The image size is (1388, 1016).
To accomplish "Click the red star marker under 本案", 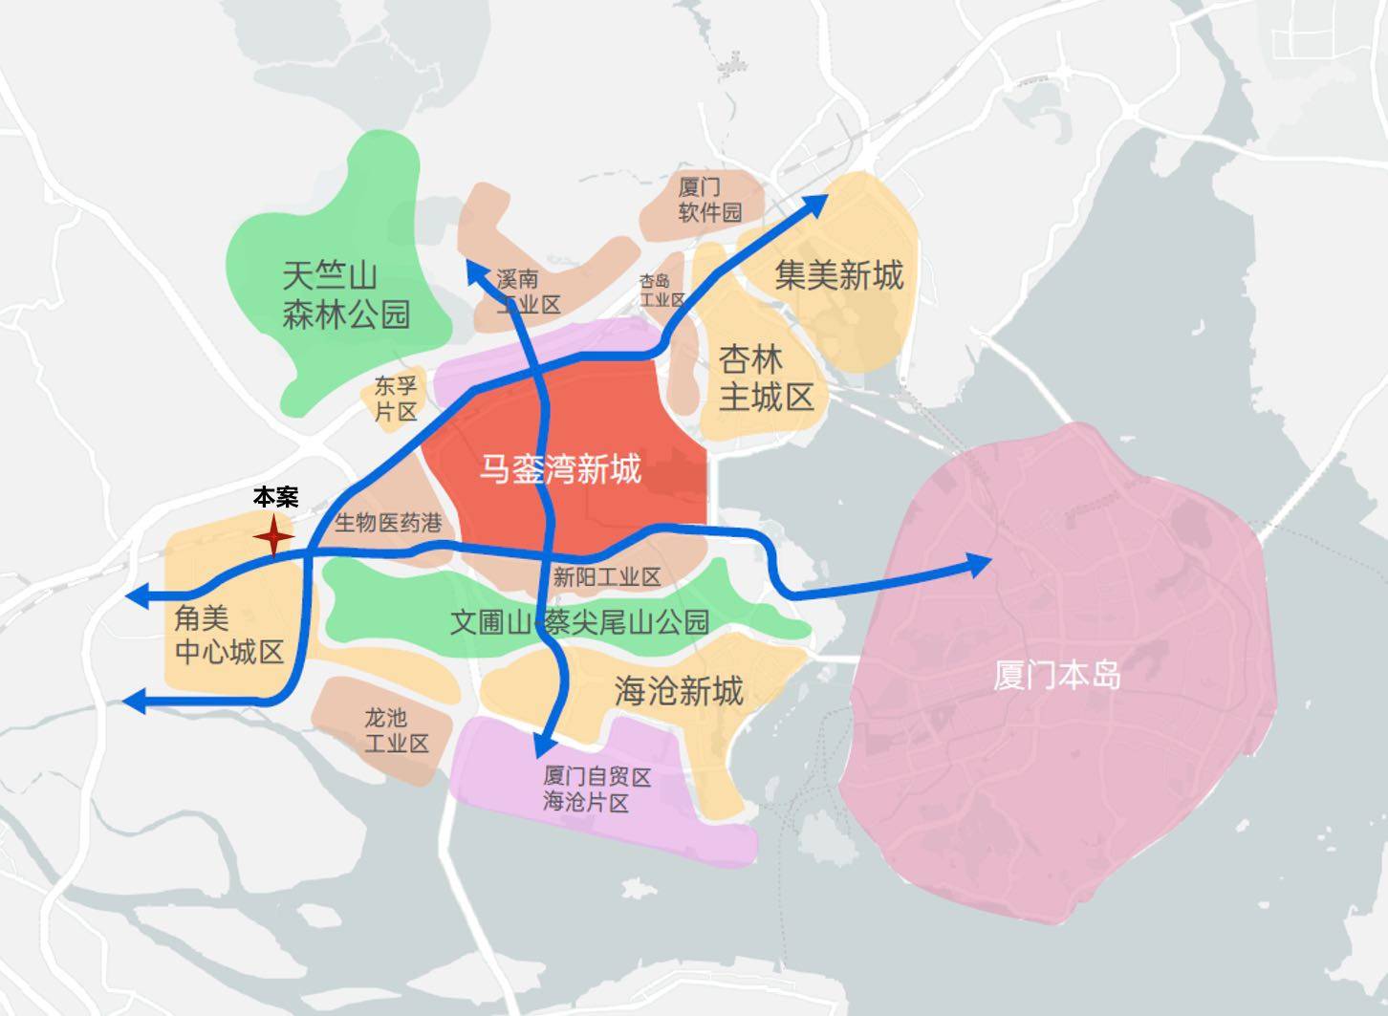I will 273,537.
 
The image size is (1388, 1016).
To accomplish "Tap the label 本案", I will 275,497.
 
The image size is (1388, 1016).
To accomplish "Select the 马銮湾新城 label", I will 560,469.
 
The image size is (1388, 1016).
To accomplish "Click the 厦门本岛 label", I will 1056,676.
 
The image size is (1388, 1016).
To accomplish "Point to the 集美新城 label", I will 838,275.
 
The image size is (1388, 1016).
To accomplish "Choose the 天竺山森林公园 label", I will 345,295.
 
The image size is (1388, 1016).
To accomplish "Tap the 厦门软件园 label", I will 709,199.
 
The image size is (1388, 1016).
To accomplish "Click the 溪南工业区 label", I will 528,292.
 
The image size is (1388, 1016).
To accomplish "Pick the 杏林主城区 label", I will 765,378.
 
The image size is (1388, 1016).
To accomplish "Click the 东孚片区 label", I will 396,399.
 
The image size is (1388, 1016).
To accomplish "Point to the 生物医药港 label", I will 388,523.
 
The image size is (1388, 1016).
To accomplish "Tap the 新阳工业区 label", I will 607,576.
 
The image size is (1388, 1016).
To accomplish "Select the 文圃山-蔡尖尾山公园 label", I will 579,622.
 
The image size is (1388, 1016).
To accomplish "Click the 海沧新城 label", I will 678,690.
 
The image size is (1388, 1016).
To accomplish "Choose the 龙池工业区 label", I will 396,730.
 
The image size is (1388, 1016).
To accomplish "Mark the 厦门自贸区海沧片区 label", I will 596,789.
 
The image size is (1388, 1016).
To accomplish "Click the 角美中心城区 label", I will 229,636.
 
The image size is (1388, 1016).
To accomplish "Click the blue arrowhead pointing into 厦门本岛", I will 981,564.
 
